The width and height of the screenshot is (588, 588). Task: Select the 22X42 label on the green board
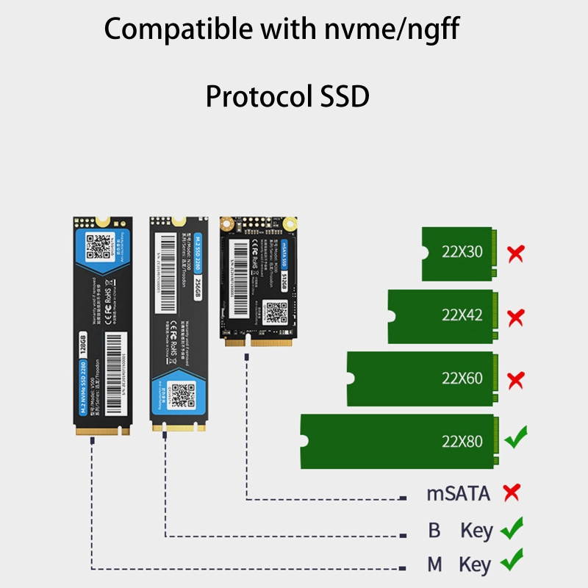462,316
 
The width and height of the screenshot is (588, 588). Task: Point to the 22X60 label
462,379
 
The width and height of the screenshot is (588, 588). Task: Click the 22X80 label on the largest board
462,442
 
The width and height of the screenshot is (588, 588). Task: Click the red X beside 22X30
516,254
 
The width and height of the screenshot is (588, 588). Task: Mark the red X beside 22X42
516,318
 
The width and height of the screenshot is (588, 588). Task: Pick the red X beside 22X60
516,380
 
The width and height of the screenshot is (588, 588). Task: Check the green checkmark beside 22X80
517,440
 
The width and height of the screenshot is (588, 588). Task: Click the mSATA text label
458,493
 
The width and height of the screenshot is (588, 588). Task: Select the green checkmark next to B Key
512,528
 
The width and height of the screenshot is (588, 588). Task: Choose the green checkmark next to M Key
512,563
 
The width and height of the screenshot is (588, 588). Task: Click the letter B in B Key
434,530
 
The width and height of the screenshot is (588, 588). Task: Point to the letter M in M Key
435,565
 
